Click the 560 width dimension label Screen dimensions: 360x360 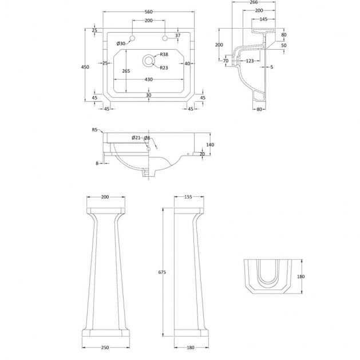(149, 12)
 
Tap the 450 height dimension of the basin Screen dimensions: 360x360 (85, 67)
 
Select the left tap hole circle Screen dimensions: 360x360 (132, 38)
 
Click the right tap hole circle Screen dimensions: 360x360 (165, 38)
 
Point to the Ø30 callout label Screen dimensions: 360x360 (121, 43)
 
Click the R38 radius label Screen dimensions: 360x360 (164, 54)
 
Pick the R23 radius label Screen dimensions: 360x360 (164, 68)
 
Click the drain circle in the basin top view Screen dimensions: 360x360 (149, 61)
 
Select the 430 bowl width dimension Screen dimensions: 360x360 (149, 80)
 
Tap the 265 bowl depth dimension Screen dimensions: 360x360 (126, 71)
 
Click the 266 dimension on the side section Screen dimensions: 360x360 (254, 2)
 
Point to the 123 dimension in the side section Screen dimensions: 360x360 (250, 61)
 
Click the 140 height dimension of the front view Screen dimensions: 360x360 (210, 145)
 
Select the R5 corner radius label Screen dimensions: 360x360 (94, 130)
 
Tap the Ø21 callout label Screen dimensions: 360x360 (136, 138)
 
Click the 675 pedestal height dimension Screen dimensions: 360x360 (162, 272)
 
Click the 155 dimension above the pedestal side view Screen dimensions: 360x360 (188, 197)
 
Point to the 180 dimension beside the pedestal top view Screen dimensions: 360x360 (301, 276)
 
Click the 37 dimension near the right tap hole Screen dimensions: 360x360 (178, 35)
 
